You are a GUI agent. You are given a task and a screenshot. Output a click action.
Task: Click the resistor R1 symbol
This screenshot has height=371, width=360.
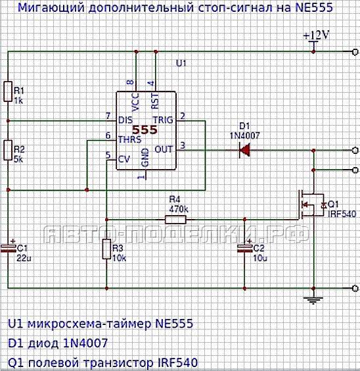(x=8, y=91)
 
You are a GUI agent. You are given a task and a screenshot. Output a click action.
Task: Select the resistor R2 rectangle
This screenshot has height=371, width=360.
(x=8, y=150)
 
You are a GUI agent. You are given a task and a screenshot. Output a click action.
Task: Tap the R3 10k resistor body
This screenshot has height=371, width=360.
(x=106, y=249)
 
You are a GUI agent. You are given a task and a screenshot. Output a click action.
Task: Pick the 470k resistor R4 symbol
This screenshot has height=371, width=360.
(x=175, y=220)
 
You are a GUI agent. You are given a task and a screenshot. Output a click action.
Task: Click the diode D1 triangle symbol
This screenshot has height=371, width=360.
(x=244, y=150)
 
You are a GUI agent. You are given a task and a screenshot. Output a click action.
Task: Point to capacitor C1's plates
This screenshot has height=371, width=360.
(x=8, y=249)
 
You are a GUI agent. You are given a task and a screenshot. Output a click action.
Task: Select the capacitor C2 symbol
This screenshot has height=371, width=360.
(x=244, y=249)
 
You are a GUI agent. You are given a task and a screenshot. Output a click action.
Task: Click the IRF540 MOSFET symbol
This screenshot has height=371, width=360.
(x=311, y=204)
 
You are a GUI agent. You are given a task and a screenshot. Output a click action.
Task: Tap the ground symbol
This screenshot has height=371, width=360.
(x=313, y=301)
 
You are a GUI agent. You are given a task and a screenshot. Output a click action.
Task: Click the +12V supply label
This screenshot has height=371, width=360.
(x=316, y=36)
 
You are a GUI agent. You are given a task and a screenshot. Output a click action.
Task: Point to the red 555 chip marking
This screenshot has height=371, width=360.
(x=145, y=130)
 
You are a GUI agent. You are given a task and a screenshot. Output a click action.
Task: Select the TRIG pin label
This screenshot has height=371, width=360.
(x=163, y=120)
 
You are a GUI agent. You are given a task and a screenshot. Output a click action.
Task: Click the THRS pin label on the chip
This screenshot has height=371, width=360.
(x=129, y=139)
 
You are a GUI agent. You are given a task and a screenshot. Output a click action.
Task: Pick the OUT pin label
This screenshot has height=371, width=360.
(x=164, y=149)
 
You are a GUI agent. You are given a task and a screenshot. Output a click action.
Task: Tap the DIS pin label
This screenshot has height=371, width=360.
(x=125, y=120)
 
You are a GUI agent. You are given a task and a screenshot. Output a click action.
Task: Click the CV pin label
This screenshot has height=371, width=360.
(x=124, y=159)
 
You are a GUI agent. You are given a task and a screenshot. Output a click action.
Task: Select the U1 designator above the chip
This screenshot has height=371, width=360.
(x=181, y=63)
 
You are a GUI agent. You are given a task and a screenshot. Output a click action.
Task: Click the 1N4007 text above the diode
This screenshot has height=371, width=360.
(x=245, y=136)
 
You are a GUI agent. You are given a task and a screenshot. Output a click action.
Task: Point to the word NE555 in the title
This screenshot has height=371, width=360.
(x=314, y=7)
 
